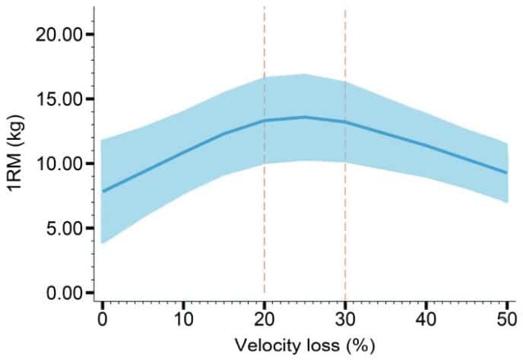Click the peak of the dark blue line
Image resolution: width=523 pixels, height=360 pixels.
click(x=304, y=117)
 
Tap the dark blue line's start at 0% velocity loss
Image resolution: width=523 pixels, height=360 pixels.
click(x=102, y=191)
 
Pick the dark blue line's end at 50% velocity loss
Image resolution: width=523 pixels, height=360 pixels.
click(x=507, y=172)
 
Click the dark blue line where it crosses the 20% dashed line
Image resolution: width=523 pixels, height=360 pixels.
click(x=264, y=120)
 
